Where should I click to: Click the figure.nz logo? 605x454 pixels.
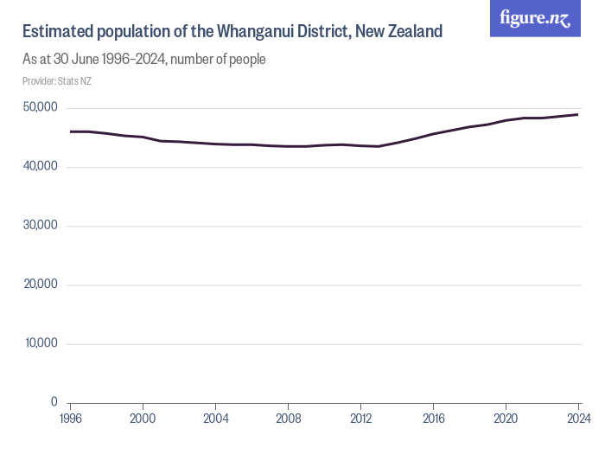click(x=535, y=18)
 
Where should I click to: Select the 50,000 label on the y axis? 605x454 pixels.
click(x=40, y=108)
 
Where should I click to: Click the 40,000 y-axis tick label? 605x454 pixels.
click(x=40, y=167)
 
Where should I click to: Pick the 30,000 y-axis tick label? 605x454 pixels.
click(x=40, y=226)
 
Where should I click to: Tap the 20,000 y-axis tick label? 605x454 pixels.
click(x=40, y=285)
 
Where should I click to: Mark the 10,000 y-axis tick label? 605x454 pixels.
click(x=40, y=343)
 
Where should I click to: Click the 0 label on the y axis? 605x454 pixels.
click(x=54, y=402)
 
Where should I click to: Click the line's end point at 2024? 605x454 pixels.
click(x=577, y=115)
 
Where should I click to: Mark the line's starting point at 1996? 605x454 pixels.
click(x=71, y=131)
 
